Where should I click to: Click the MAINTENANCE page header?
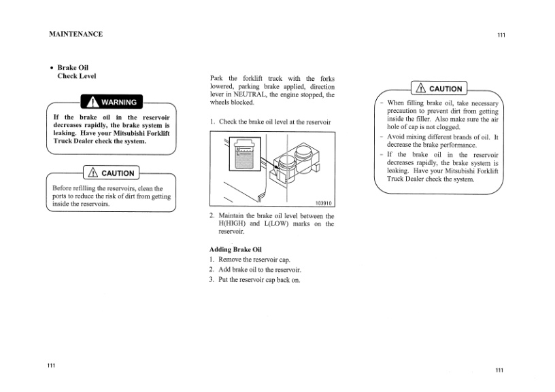[x=75, y=34]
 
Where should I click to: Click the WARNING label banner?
[x=111, y=103]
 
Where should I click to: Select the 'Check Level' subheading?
[x=76, y=77]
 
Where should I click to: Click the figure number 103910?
[x=324, y=203]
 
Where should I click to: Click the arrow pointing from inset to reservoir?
[x=269, y=167]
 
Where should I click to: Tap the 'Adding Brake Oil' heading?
[x=235, y=250]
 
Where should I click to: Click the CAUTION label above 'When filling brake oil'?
[x=439, y=88]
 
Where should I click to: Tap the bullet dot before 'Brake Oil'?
[x=52, y=68]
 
